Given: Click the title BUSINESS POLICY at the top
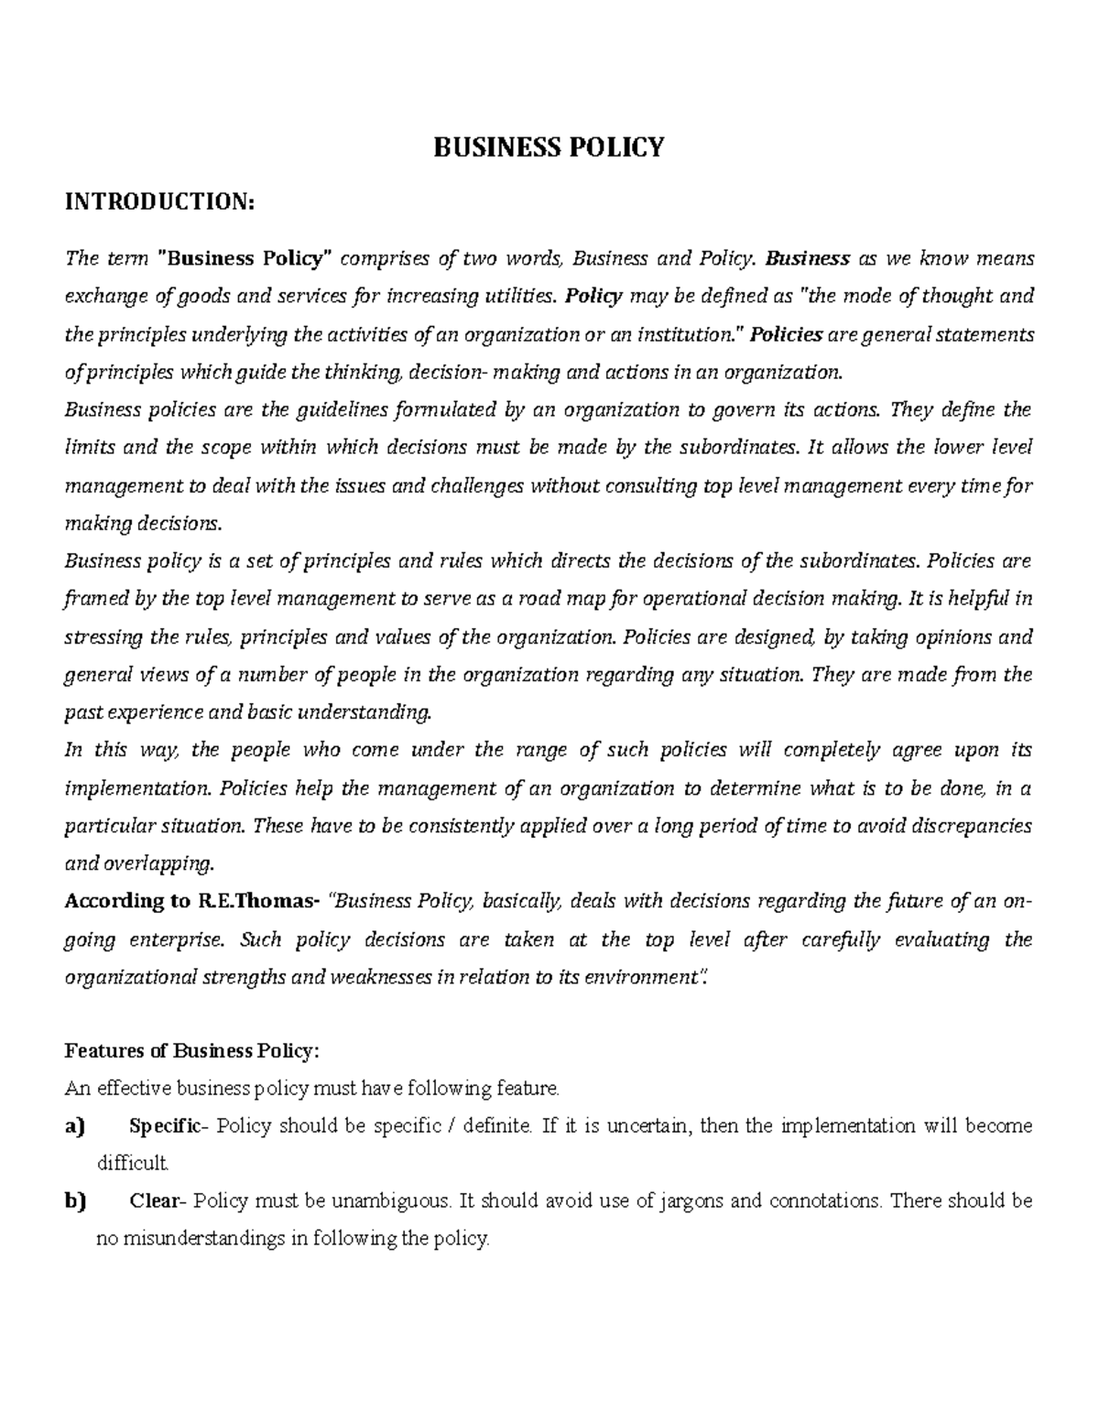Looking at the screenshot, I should (549, 147).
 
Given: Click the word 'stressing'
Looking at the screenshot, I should (101, 637).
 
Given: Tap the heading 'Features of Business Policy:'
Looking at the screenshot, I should (191, 1051).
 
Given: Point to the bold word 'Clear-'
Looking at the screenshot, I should (158, 1201).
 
